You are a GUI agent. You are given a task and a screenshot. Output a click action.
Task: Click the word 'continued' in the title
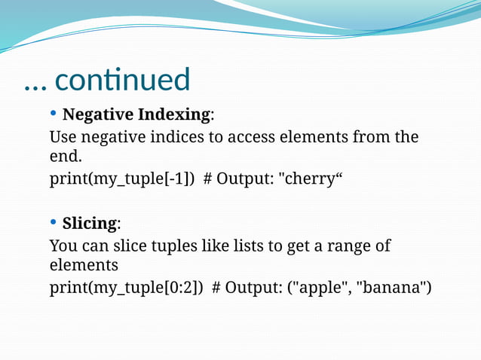click(x=123, y=80)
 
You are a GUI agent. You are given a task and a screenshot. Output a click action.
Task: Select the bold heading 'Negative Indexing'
click(x=136, y=114)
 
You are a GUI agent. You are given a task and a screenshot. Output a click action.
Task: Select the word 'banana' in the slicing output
click(x=391, y=288)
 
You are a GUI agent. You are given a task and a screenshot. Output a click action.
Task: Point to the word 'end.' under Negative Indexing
click(x=64, y=157)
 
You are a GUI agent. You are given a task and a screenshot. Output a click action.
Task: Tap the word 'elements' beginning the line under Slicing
click(x=83, y=266)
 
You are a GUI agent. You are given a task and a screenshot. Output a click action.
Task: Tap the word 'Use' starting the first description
click(x=63, y=137)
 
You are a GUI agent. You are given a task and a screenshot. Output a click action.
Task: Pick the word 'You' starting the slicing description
click(x=63, y=246)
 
